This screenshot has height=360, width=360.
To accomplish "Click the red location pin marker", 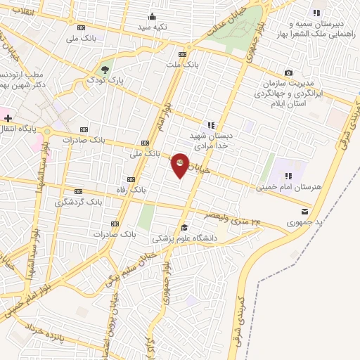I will coord(181,165).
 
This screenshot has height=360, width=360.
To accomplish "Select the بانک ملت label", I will coord(179,65).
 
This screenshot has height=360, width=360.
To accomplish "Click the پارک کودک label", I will coord(105,80).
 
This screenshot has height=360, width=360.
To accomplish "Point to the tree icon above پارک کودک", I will coord(105,69).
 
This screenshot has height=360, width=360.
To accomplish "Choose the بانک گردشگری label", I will coord(79,202).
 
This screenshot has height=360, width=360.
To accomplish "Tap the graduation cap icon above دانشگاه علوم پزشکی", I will coord(184,227).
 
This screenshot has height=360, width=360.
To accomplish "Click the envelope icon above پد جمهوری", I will coord(304,212).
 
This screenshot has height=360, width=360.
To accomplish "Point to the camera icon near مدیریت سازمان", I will coord(288,72).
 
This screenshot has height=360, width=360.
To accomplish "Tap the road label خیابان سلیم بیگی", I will coord(115,273).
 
